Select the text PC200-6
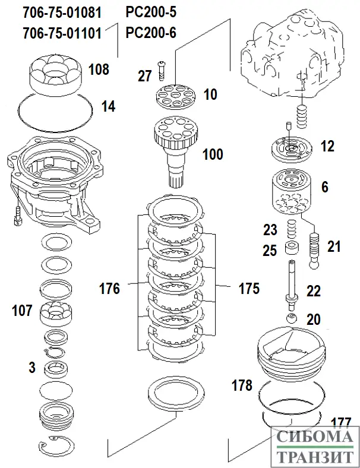click(151, 33)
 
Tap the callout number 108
click(99, 69)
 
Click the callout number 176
click(109, 289)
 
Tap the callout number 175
click(248, 289)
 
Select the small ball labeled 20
click(290, 319)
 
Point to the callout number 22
click(314, 292)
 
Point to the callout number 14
click(108, 107)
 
